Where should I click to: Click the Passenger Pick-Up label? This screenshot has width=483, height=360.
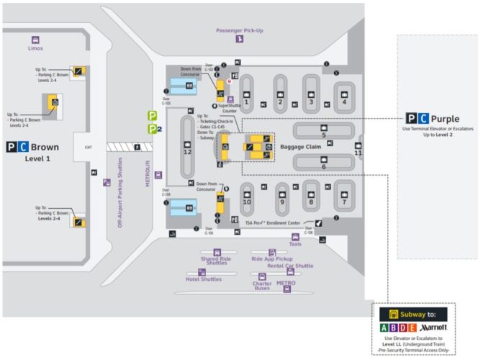pos(240,30)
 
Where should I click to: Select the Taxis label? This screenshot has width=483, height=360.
pos(296,244)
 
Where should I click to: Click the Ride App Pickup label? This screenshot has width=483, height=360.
pos(271,258)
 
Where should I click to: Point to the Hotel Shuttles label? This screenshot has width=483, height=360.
pos(204,279)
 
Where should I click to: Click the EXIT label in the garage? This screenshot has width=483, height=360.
pos(89,147)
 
